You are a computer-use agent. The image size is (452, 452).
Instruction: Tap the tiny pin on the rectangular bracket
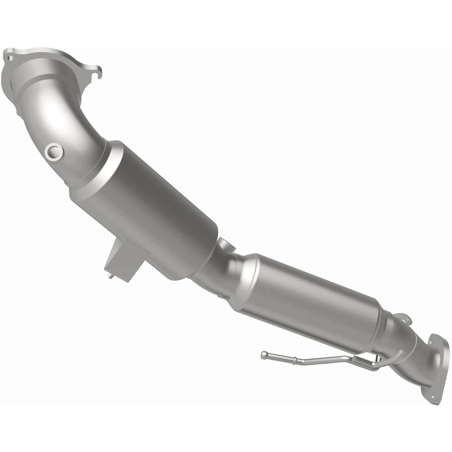(111, 276)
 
